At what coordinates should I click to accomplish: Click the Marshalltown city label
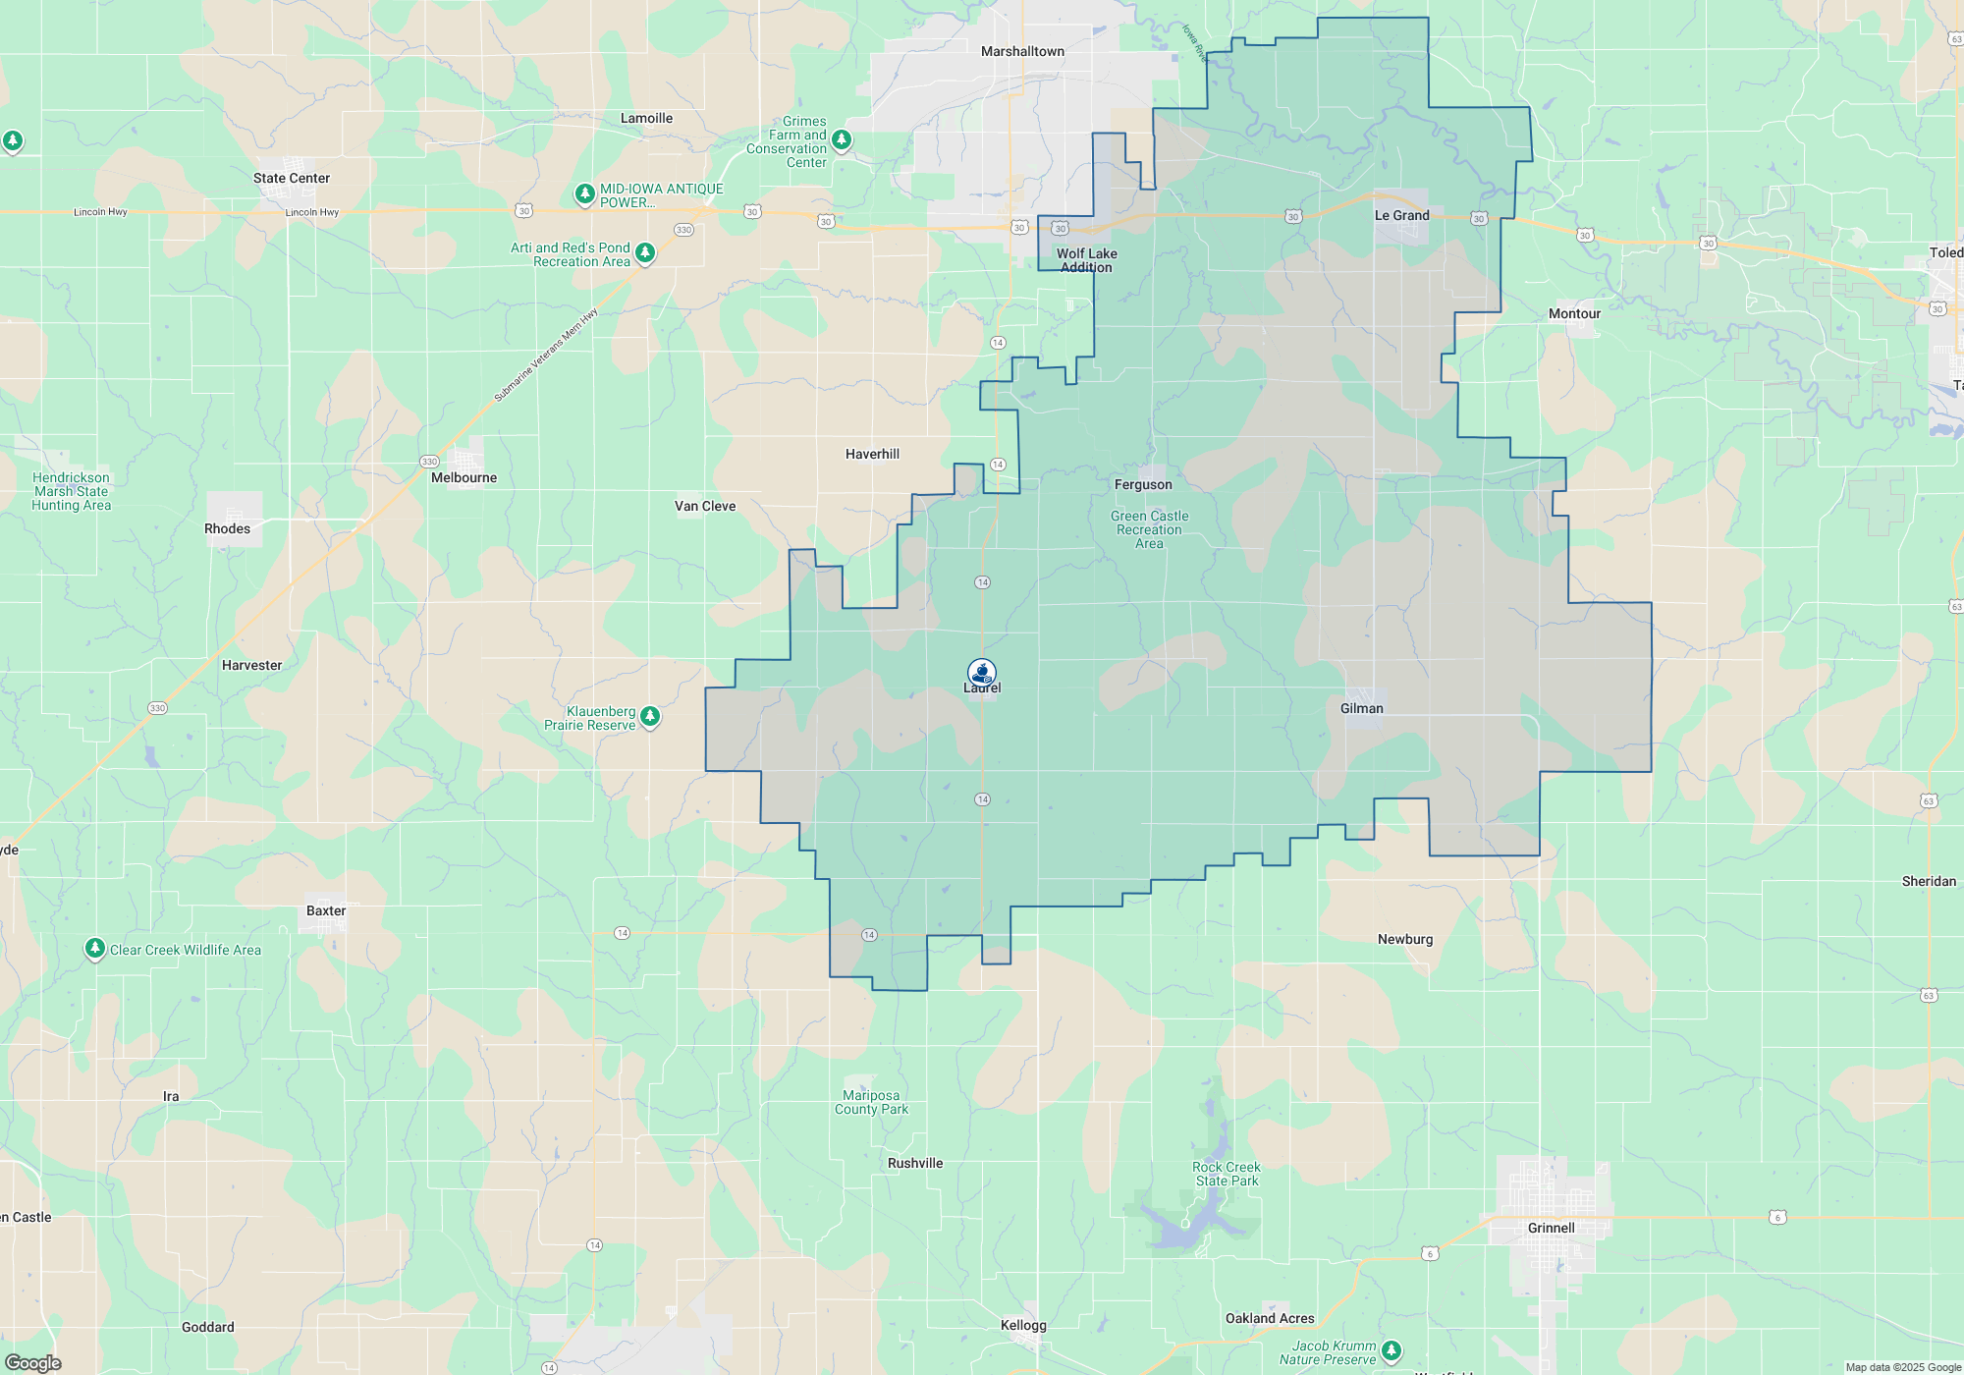point(1022,51)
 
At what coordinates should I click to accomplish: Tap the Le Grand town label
point(1401,215)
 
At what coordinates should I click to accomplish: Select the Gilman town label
point(1361,708)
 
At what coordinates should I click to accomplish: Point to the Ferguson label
point(1143,484)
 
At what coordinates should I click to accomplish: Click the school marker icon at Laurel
point(982,672)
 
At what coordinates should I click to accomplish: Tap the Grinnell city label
point(1551,1228)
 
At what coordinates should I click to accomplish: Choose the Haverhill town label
point(872,454)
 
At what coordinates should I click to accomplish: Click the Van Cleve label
point(704,506)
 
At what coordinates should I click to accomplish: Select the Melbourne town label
point(464,477)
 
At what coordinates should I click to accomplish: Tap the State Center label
point(291,178)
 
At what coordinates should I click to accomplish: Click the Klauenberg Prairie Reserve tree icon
point(649,718)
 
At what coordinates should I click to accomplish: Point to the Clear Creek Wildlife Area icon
point(94,949)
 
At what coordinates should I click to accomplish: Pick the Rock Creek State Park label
point(1226,1174)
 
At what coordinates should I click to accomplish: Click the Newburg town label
point(1404,939)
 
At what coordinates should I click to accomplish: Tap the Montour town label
point(1574,313)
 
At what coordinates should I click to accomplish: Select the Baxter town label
point(325,910)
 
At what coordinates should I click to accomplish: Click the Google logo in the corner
point(33,1362)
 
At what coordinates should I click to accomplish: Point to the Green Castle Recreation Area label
point(1149,529)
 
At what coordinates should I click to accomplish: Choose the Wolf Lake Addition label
point(1086,260)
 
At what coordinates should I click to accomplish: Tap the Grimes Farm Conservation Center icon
point(842,140)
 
